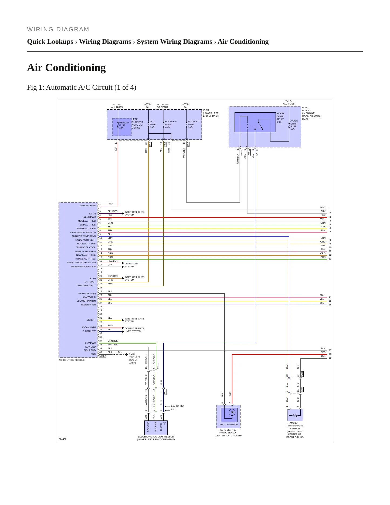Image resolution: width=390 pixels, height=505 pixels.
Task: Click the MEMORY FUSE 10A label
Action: (x=124, y=125)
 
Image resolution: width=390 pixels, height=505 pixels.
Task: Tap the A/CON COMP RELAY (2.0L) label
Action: (x=280, y=118)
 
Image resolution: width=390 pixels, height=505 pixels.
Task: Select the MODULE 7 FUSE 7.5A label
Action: (x=193, y=124)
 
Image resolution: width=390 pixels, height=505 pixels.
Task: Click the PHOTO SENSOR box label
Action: (x=229, y=425)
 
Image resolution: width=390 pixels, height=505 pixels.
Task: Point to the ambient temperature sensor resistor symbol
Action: (x=295, y=415)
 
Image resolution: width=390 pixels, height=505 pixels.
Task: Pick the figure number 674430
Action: (x=62, y=439)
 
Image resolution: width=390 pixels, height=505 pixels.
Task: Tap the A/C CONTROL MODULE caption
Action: (x=72, y=360)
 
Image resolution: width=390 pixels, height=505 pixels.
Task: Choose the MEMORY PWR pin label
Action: (x=87, y=206)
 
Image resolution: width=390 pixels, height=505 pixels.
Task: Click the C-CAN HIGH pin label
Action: (x=89, y=327)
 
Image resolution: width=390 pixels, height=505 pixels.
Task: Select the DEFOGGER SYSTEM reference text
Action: (x=131, y=265)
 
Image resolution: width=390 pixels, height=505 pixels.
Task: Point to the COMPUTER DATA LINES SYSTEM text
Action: (x=134, y=330)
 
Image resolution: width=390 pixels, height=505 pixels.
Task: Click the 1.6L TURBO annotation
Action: (x=177, y=406)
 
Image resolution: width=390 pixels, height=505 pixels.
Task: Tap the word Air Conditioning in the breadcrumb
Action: (x=243, y=42)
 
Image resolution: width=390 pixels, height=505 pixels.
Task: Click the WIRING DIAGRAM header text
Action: (x=58, y=29)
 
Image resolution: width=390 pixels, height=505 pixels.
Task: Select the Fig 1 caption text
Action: (x=82, y=87)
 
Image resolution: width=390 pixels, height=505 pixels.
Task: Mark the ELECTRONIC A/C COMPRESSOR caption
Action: (x=156, y=438)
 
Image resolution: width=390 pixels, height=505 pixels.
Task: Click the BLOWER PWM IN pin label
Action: (x=86, y=301)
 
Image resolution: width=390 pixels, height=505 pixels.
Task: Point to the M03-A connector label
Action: (x=103, y=356)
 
